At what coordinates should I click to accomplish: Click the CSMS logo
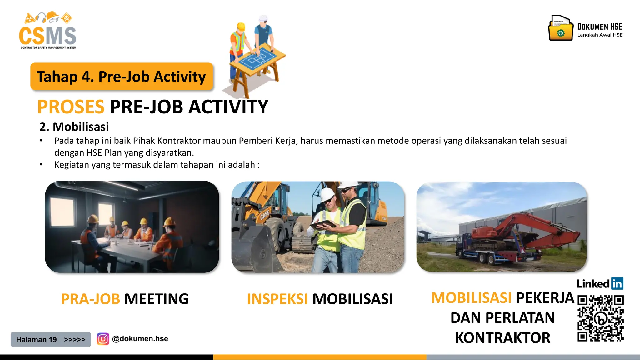(x=47, y=31)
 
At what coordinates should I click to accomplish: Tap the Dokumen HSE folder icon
(x=561, y=29)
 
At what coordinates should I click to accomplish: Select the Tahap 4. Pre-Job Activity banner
(x=121, y=77)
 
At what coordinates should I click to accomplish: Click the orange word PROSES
(x=71, y=107)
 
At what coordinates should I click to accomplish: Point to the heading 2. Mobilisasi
(x=74, y=127)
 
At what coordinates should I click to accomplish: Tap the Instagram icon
(x=103, y=339)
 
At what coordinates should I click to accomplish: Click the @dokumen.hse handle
(x=140, y=339)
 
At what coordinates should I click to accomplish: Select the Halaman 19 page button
(x=51, y=339)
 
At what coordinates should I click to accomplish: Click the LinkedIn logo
(x=600, y=284)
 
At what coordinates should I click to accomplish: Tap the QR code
(x=600, y=318)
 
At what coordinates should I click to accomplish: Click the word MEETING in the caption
(x=157, y=299)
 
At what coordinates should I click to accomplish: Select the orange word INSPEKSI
(x=277, y=299)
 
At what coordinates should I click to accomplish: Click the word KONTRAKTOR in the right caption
(x=502, y=338)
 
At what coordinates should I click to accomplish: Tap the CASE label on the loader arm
(x=265, y=215)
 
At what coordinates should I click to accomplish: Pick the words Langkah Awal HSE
(x=600, y=35)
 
